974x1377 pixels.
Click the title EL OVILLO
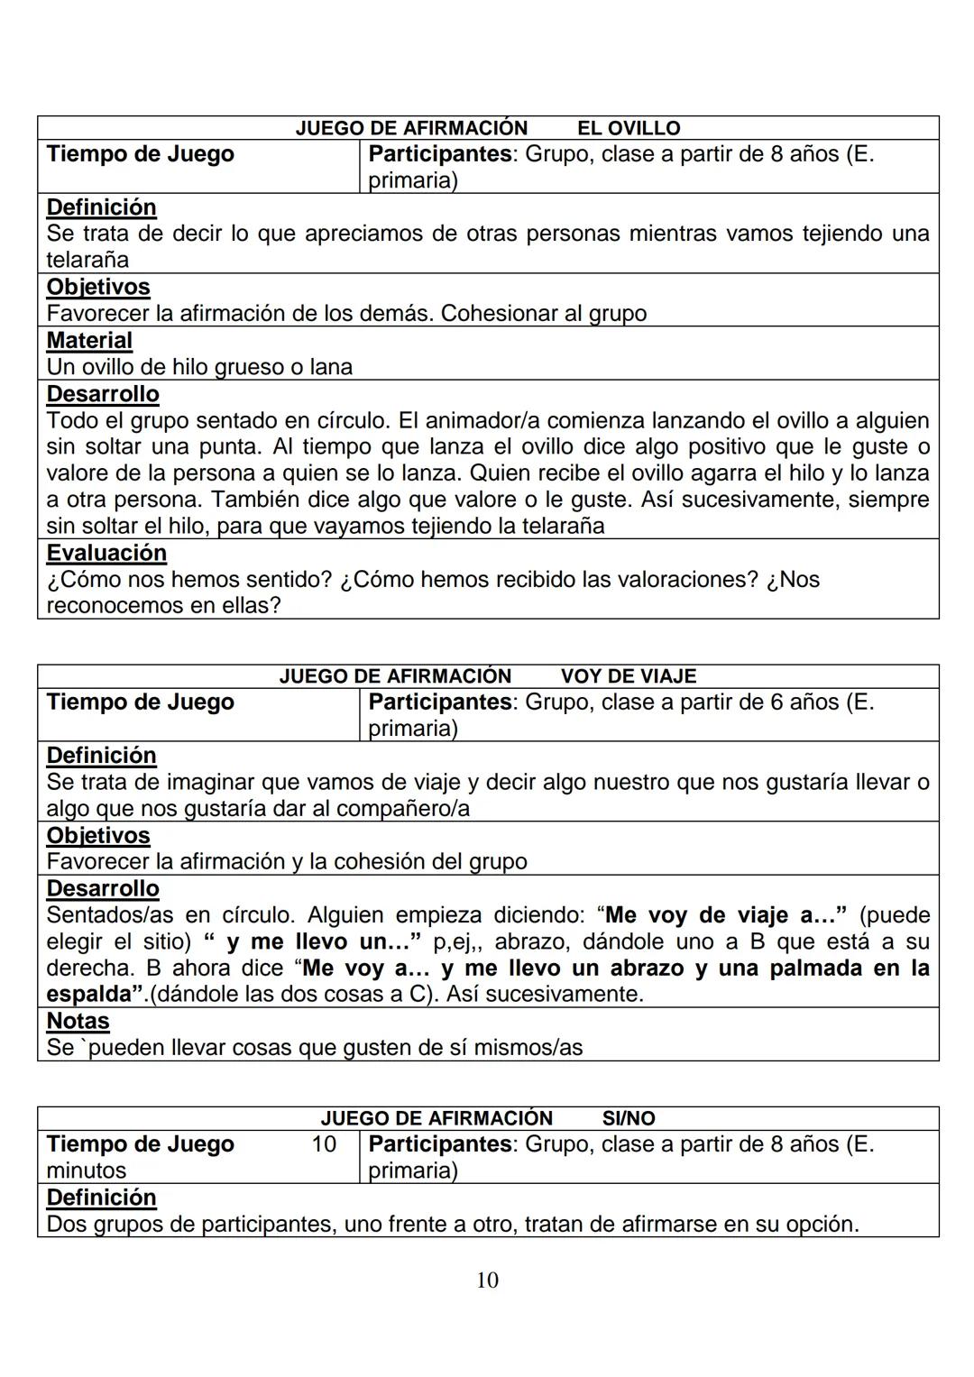point(628,128)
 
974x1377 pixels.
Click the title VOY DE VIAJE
point(628,676)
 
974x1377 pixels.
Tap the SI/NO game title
point(628,1118)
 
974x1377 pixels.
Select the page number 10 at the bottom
point(487,1280)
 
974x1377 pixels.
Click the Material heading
point(89,341)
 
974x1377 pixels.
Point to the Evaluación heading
point(106,553)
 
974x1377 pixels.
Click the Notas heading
point(78,1021)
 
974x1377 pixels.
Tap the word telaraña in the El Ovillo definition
point(87,261)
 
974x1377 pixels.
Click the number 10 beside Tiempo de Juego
point(324,1144)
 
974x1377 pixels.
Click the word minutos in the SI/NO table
point(86,1170)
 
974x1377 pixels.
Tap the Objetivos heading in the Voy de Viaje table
point(98,835)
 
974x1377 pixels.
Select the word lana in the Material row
point(331,367)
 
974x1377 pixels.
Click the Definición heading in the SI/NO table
point(101,1198)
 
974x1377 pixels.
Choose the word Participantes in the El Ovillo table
point(440,154)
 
